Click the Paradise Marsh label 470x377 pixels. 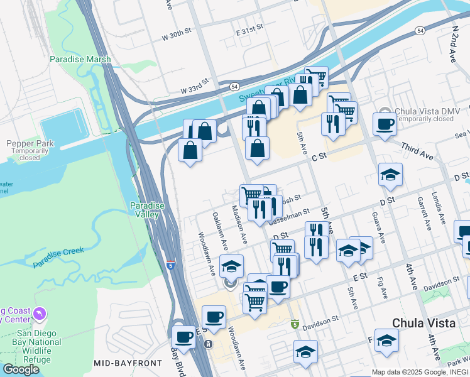click(80, 60)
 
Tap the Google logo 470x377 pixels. click(21, 369)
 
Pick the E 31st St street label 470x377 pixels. click(248, 30)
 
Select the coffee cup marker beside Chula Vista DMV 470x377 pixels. click(385, 124)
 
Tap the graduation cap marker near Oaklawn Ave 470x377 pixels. click(231, 266)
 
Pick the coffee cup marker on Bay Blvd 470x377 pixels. click(184, 336)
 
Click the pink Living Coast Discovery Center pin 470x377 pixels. click(41, 313)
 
